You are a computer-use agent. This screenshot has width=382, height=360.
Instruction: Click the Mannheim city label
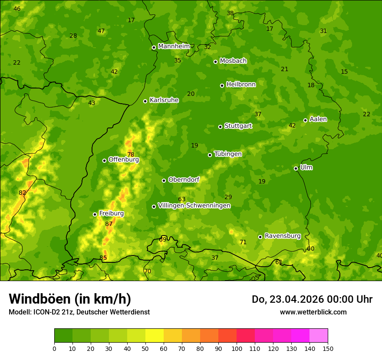[x=174, y=46]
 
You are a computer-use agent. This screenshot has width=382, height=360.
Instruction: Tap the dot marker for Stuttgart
[x=220, y=127]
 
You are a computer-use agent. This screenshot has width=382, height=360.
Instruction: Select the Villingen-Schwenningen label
[x=194, y=206]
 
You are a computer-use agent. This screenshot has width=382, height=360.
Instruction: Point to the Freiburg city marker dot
[x=95, y=214]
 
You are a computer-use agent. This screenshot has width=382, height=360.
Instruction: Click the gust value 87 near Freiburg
[x=109, y=224]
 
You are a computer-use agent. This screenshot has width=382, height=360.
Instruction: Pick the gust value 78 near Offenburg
[x=131, y=155]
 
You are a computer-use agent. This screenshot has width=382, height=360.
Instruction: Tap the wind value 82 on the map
[x=23, y=193]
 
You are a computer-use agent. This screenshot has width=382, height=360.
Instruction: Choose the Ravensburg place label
[x=283, y=236]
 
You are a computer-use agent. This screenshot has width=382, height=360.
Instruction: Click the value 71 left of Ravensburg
[x=243, y=242]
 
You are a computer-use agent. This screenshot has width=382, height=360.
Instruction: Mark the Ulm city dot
[x=296, y=168]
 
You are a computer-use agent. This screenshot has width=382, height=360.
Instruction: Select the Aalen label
[x=318, y=119]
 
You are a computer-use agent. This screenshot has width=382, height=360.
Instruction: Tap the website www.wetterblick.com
[x=313, y=312]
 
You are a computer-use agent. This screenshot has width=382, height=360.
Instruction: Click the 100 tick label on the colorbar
[x=237, y=348]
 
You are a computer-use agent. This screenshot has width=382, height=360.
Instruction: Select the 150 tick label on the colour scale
[x=328, y=348]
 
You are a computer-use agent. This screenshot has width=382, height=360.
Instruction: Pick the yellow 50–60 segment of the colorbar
[x=155, y=336]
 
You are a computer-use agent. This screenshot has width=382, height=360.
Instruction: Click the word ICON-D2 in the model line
[x=45, y=312]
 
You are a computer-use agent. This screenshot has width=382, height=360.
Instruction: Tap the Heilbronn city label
[x=241, y=85]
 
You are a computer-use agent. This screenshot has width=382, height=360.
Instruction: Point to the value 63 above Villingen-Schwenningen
[x=182, y=200]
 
